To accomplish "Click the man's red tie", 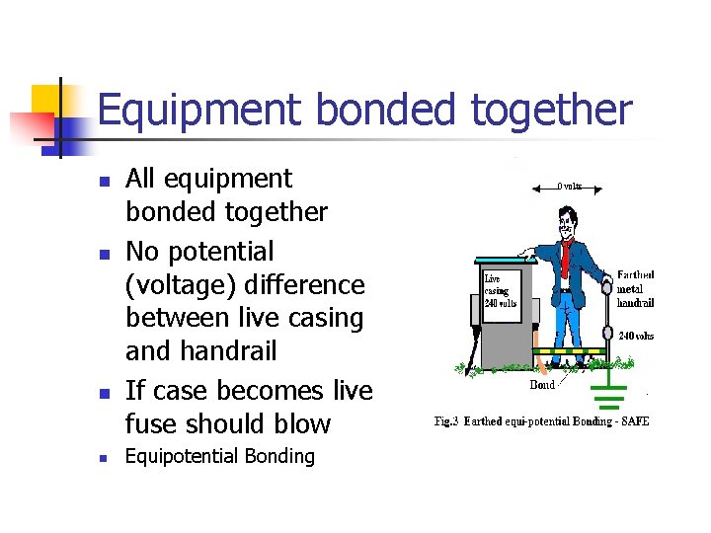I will (x=566, y=258).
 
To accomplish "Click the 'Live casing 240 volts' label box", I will (x=500, y=291).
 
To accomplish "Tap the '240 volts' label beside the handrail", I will (x=635, y=336).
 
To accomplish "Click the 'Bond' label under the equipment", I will (x=542, y=384).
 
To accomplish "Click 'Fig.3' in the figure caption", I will (x=448, y=421).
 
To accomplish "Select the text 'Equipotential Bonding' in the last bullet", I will (x=220, y=456).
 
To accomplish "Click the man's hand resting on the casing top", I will (x=529, y=256).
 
